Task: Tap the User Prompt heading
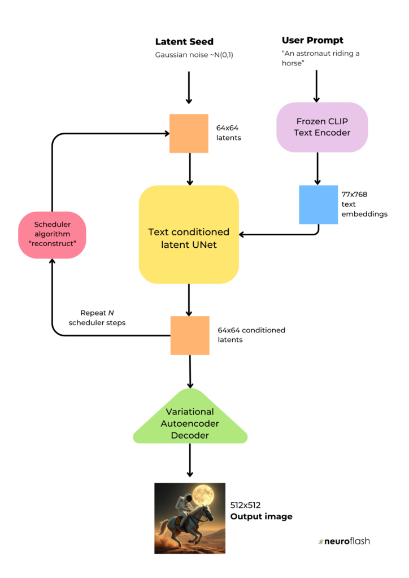point(312,41)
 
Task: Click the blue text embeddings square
point(319,205)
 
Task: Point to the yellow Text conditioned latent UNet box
point(189,234)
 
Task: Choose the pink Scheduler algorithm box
point(52,234)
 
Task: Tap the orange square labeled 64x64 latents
point(189,134)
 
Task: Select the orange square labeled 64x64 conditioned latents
point(190,335)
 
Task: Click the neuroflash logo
point(344,541)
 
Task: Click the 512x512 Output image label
point(260,511)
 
